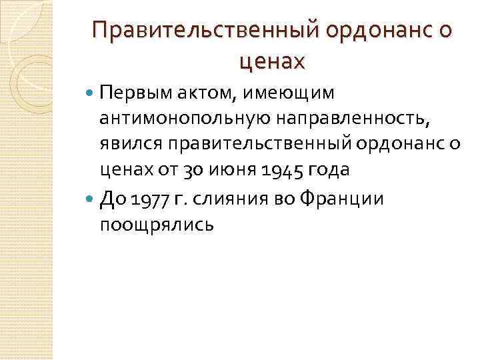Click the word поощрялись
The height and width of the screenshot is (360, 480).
157,225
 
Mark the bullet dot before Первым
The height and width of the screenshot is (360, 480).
91,92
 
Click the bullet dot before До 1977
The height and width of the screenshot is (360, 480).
91,199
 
